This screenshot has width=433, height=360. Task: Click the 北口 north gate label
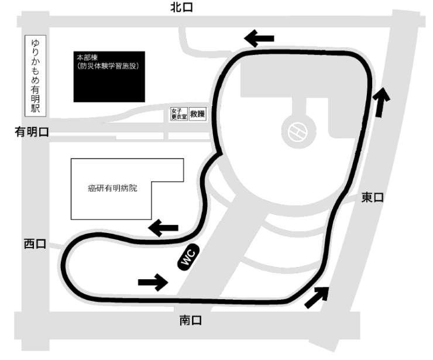point(181,7)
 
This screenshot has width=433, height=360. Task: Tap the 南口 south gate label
point(191,321)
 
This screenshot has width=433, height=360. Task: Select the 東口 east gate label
point(373,197)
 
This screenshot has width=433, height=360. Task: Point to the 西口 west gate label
point(35,244)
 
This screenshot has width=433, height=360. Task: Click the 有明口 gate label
point(32,132)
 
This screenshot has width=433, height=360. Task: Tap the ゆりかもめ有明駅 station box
point(35,76)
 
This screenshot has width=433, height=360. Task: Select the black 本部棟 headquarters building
point(109,77)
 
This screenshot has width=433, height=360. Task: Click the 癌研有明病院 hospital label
point(112,188)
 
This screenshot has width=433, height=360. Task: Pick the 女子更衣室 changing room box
point(179,114)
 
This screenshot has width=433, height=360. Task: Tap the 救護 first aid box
point(198,114)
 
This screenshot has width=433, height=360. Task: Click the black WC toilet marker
point(188,257)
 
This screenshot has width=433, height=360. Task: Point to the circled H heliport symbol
point(298,132)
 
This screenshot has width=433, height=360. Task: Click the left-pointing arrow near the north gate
point(259,38)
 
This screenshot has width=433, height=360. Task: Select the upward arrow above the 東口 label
point(381,102)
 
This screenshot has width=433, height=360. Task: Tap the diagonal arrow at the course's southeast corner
point(317,297)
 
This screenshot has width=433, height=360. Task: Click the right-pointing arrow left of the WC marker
point(153,282)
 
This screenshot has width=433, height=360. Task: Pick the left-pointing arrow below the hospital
point(163,228)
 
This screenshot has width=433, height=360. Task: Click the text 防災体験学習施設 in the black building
point(108,66)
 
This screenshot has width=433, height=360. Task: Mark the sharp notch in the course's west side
point(221,153)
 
